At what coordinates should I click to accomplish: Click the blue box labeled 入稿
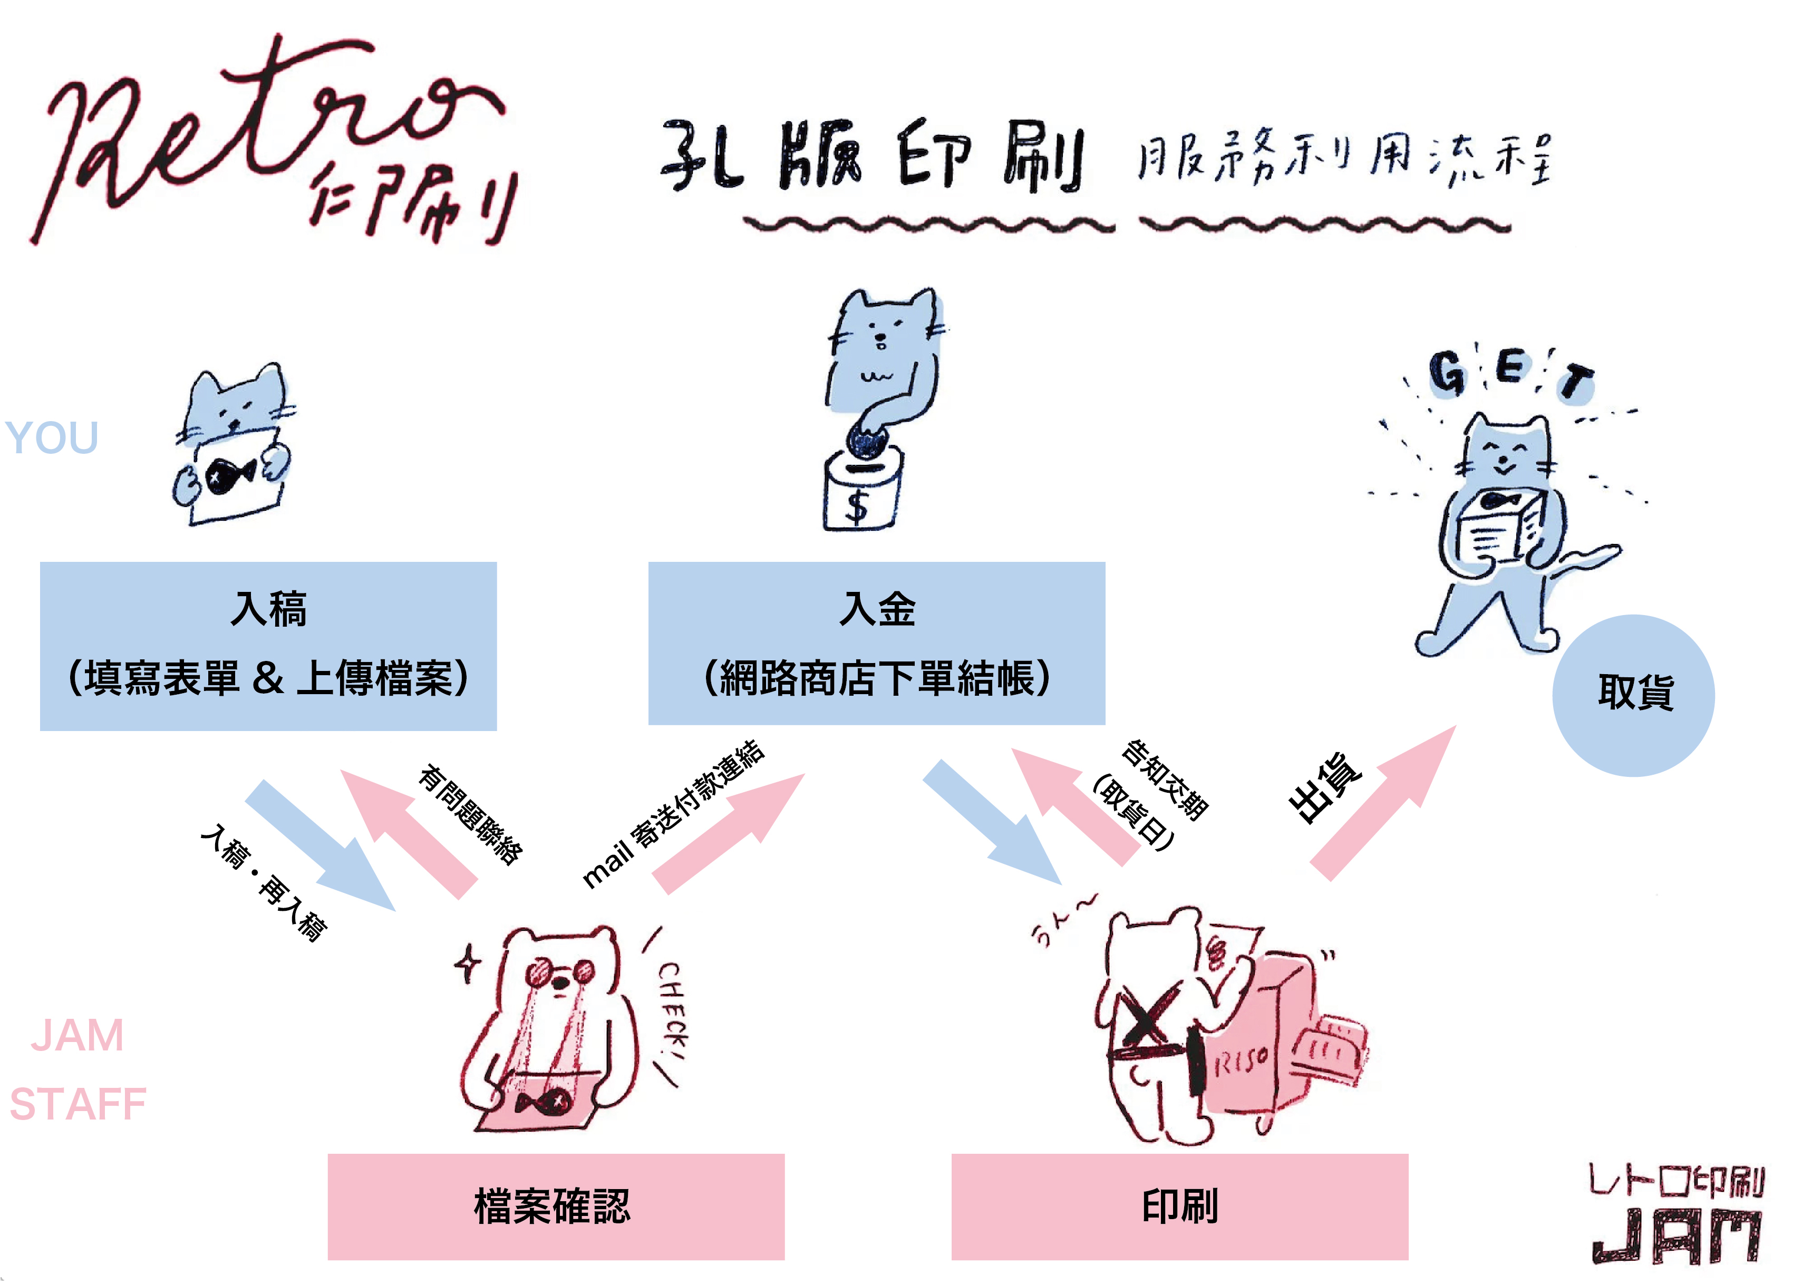tap(268, 646)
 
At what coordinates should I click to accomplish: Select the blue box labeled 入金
tap(876, 642)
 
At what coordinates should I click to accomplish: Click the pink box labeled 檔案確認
tap(556, 1206)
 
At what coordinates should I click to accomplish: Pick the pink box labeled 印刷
tap(1179, 1206)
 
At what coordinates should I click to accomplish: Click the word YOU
tap(52, 437)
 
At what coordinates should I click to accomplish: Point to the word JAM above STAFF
tap(78, 1035)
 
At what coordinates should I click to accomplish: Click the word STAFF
tap(78, 1104)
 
